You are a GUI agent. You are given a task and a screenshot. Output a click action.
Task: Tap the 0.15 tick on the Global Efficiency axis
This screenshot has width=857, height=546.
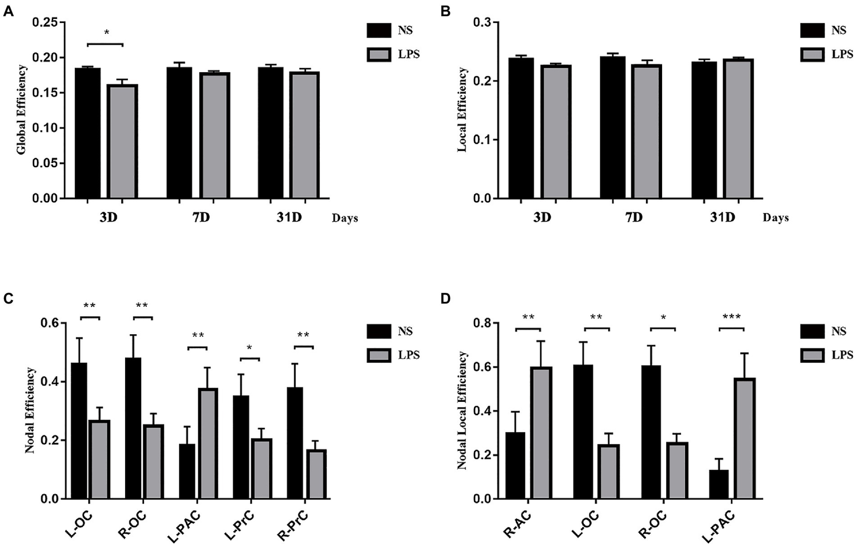click(x=45, y=93)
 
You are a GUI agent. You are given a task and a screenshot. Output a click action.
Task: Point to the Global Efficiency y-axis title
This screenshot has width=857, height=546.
click(x=22, y=110)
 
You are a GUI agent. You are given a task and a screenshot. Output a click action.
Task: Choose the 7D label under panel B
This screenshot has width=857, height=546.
click(x=634, y=217)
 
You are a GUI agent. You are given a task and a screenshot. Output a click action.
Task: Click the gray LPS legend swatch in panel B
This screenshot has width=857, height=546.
click(x=812, y=54)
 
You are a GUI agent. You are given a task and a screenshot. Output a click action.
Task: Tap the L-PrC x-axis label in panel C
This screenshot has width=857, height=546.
click(x=240, y=525)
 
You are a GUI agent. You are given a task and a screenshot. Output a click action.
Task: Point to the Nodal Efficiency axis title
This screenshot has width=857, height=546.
click(x=30, y=410)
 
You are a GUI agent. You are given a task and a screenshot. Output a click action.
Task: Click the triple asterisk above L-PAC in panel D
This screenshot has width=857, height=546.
click(x=731, y=317)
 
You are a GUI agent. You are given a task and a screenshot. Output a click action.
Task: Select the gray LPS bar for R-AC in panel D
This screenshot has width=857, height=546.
click(x=541, y=433)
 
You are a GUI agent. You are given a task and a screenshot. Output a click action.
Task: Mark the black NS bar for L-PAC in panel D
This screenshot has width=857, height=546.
click(x=719, y=484)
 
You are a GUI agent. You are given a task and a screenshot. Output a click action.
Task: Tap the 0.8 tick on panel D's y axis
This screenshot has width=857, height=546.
click(x=481, y=323)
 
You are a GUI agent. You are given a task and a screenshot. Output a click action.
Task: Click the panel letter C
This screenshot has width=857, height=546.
click(x=8, y=299)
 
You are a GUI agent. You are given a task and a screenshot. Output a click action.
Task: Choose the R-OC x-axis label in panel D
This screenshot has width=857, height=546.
click(x=653, y=525)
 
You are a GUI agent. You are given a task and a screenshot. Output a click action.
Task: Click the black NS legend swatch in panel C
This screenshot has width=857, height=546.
click(x=379, y=331)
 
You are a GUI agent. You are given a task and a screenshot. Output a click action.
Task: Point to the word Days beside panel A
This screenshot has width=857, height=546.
click(x=344, y=218)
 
